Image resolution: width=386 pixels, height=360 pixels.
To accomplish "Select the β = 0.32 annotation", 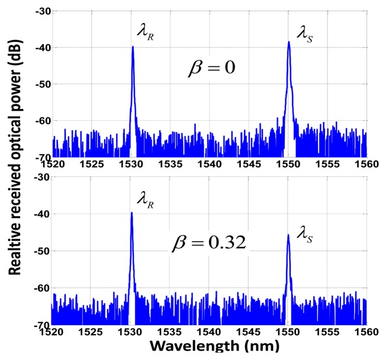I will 209,243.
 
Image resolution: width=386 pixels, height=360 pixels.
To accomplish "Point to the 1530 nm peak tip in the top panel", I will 133,47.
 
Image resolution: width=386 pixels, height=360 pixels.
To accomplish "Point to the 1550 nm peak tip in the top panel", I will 289,42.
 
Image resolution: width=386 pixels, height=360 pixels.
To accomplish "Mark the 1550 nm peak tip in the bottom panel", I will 288,235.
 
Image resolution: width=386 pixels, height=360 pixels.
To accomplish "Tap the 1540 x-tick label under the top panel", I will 210,164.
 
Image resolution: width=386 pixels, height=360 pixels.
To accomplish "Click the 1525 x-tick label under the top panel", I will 92,164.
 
